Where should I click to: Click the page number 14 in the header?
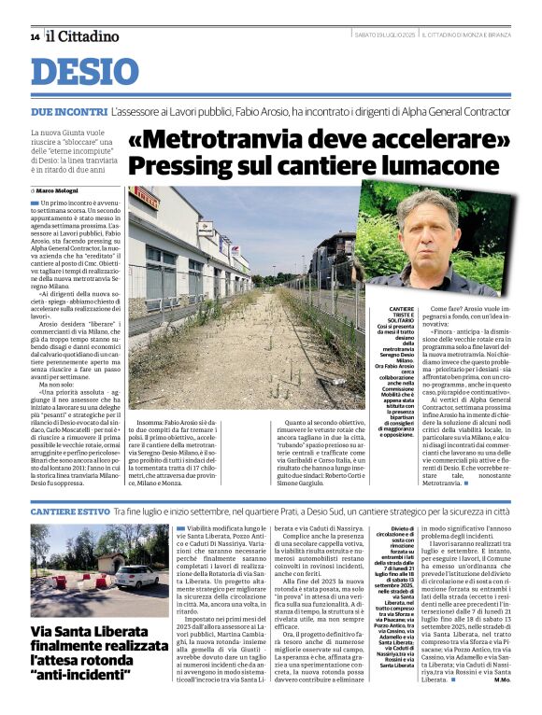point(35,36)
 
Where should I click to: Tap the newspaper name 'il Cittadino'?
point(84,36)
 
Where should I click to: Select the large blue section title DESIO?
point(85,72)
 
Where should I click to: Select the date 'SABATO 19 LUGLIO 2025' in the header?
point(384,36)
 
